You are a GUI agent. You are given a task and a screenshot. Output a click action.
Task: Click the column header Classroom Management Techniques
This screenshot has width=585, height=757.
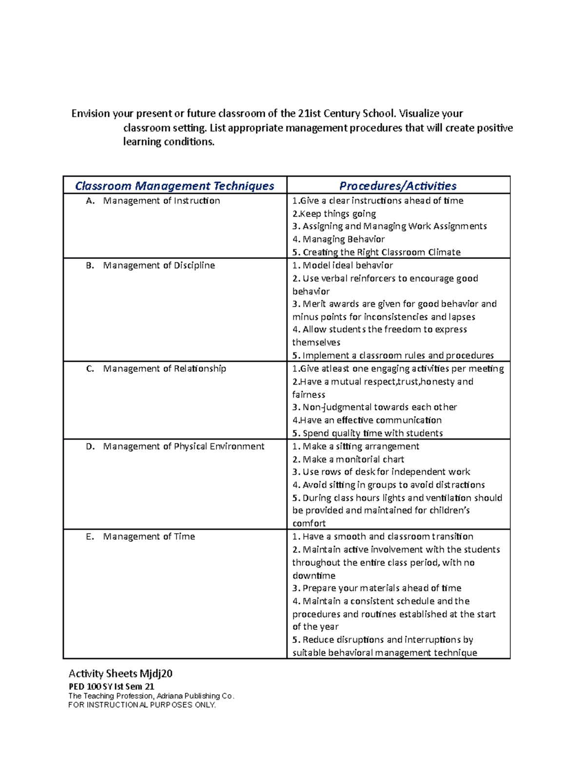175,186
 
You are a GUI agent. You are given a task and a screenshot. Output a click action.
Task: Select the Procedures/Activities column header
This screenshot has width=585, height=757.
398,186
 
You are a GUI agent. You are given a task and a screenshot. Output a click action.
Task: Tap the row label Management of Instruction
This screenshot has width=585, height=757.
161,201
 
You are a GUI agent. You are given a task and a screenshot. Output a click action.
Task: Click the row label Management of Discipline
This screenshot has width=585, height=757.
159,266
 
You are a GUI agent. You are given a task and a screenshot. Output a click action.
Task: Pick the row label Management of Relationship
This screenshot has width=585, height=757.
164,369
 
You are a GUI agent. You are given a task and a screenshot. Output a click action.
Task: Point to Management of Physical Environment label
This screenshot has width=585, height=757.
183,446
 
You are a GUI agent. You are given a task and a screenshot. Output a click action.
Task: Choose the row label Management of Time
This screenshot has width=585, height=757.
149,537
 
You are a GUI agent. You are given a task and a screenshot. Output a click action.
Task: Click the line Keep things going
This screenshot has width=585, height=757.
334,214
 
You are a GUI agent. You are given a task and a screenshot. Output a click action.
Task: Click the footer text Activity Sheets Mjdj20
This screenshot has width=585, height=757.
120,674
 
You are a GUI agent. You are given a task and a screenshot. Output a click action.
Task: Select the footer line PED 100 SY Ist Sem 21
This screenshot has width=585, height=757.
111,686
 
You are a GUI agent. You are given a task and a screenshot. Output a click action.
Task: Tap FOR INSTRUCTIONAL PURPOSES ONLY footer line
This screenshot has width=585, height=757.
142,705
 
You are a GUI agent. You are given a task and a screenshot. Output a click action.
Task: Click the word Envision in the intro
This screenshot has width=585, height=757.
91,114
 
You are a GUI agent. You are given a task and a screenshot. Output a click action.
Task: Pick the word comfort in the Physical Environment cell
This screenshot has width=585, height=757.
309,524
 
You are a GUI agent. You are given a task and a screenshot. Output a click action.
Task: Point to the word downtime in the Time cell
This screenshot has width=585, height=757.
313,576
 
